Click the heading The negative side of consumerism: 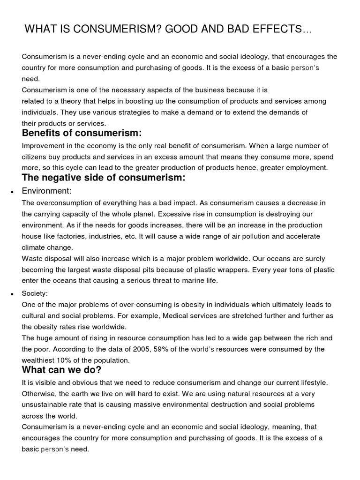(104, 178)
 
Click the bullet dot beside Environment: (10, 192)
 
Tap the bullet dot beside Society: (10, 294)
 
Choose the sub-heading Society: (35, 293)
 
